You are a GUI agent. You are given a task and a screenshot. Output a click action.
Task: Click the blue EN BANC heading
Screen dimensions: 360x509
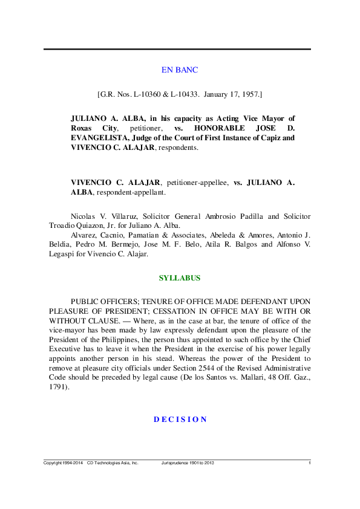click(x=180, y=70)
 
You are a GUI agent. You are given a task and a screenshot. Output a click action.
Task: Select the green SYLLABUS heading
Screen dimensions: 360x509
click(x=180, y=278)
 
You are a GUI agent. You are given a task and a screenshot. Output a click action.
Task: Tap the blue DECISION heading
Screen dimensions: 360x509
click(x=180, y=420)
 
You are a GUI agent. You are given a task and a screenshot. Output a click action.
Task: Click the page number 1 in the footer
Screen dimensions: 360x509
click(x=309, y=463)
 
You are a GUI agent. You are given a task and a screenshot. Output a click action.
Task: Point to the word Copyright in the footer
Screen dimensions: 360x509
click(x=54, y=463)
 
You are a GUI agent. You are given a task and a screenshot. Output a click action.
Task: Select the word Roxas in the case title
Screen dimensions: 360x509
click(x=81, y=129)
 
